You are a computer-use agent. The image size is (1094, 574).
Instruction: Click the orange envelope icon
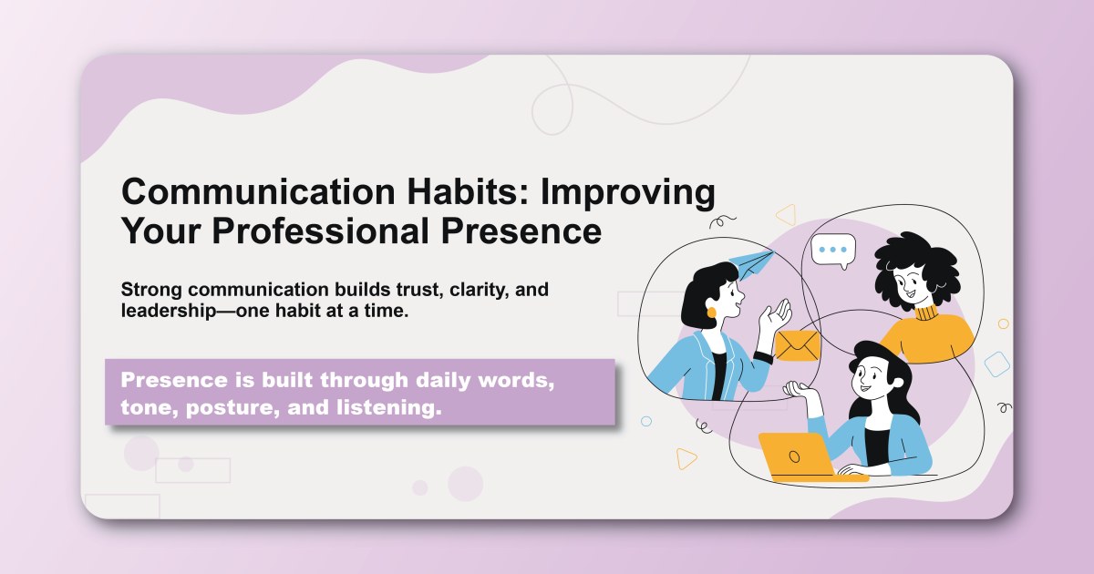(798, 345)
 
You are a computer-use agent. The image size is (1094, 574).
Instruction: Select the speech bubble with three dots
(833, 249)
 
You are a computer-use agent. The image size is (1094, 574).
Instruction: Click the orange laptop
(796, 455)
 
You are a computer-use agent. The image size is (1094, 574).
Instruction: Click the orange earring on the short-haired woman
(711, 313)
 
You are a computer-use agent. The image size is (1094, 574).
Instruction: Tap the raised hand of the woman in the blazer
(777, 317)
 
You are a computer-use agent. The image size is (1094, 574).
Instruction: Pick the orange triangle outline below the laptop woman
(686, 458)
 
